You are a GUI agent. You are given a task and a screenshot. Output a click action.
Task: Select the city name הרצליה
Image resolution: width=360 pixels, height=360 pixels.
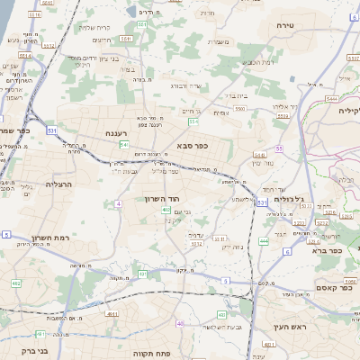[x=58, y=183]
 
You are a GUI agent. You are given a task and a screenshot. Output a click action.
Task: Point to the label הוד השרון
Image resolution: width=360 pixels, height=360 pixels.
[x=163, y=198]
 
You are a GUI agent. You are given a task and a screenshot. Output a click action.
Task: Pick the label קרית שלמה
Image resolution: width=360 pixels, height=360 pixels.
[x=94, y=26]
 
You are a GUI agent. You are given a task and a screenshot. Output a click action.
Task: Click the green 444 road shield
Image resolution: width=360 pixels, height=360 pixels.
[x=264, y=241]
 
